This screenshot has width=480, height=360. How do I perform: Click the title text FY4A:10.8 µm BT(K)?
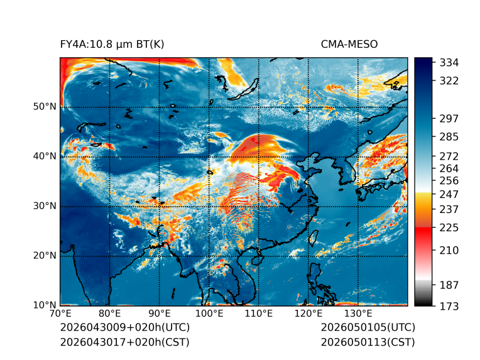(112, 45)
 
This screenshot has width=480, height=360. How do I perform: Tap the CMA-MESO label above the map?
(349, 45)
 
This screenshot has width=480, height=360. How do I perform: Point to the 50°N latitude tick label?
(45, 107)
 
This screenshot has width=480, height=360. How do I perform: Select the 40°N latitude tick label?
(45, 156)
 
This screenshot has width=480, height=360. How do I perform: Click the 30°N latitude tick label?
(45, 206)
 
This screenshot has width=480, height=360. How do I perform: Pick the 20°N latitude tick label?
(45, 256)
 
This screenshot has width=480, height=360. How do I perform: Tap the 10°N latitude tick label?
(45, 305)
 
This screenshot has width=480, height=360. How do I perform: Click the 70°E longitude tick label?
(60, 314)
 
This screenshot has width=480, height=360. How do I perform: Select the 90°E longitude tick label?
(160, 314)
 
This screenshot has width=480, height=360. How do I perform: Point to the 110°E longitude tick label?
(259, 314)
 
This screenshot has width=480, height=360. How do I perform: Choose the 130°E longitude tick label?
(358, 314)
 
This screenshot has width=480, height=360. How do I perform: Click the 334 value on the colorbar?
(449, 63)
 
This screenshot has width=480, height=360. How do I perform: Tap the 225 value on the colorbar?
(449, 228)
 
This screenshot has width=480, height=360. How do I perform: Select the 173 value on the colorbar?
(449, 306)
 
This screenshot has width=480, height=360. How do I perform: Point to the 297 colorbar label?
(449, 119)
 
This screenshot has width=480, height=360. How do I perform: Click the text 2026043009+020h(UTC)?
(125, 327)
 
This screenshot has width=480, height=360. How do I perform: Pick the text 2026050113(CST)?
(368, 342)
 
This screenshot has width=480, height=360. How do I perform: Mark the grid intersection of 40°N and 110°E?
(259, 156)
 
